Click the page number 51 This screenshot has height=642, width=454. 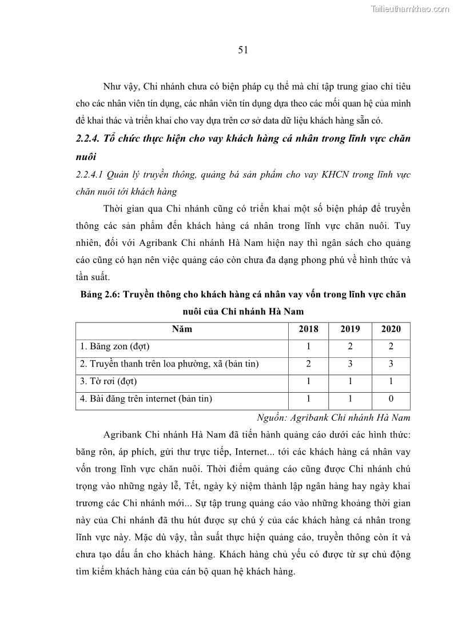[242, 50]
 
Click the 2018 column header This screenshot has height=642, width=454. [309, 329]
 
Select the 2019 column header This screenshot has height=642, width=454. [350, 329]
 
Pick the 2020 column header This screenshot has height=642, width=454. [391, 329]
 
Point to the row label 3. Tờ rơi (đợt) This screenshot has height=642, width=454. [109, 381]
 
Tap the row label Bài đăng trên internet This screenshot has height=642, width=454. [146, 398]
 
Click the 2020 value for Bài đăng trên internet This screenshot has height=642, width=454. [391, 398]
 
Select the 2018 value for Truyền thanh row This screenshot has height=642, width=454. [309, 364]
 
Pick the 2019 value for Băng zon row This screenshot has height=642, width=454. [350, 346]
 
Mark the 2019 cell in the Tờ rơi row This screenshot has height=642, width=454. [350, 381]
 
